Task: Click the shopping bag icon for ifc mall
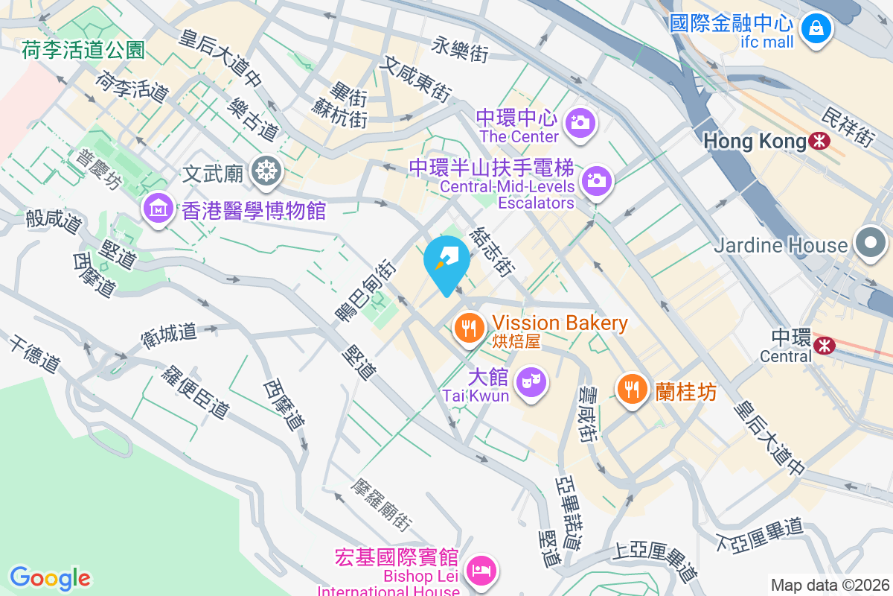click(816, 29)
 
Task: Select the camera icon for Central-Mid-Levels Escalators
click(596, 180)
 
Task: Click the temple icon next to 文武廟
click(264, 172)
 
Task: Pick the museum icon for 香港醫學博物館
click(159, 208)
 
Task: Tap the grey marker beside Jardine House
click(869, 244)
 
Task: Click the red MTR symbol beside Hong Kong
click(819, 141)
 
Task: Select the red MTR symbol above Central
click(824, 344)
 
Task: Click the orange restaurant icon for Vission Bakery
click(470, 326)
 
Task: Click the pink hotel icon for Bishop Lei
click(482, 571)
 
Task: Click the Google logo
click(50, 577)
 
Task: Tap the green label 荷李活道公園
click(83, 50)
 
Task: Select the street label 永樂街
click(460, 49)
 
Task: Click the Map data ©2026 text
click(829, 585)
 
